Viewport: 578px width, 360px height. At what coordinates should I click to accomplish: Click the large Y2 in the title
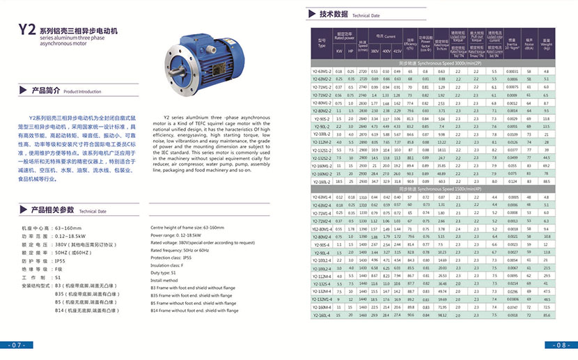coord(26,30)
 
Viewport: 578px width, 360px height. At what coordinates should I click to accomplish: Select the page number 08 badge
coord(561,345)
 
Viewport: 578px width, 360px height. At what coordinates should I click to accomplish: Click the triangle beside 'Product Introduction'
coord(27,91)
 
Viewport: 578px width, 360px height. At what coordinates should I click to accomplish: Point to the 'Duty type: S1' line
coord(169,273)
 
